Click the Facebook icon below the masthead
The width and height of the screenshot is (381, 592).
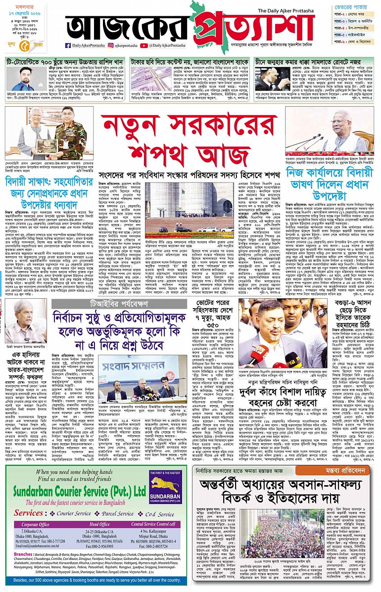pyautogui.click(x=68, y=46)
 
